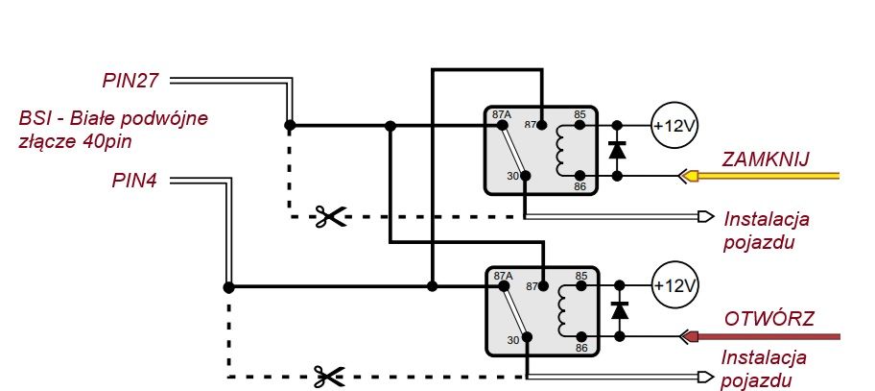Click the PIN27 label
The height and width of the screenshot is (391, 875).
[130, 81]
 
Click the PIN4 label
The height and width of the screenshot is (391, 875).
[134, 181]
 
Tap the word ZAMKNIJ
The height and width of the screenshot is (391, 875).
[765, 159]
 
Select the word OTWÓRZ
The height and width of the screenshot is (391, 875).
[769, 320]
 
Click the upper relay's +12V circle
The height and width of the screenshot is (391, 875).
[674, 125]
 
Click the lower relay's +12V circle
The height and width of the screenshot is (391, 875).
[674, 285]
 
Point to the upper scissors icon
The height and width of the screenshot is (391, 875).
[330, 216]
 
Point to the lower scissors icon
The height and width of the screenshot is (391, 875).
[329, 377]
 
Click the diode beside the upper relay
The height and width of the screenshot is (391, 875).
[617, 150]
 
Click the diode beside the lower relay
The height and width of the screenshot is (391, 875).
[620, 310]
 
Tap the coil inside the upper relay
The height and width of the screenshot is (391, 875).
[560, 150]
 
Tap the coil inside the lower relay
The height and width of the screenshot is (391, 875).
[561, 310]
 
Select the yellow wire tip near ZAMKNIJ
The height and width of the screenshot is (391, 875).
[690, 176]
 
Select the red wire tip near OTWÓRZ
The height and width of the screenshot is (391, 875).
[691, 336]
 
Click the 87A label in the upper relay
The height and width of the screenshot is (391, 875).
[502, 114]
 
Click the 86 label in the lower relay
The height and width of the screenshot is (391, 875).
[581, 348]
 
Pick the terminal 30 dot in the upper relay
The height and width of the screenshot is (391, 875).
[525, 176]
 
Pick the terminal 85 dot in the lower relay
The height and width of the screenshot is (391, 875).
[581, 285]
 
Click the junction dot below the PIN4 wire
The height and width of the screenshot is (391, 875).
[228, 287]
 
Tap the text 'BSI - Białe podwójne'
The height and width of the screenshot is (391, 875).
[113, 119]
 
